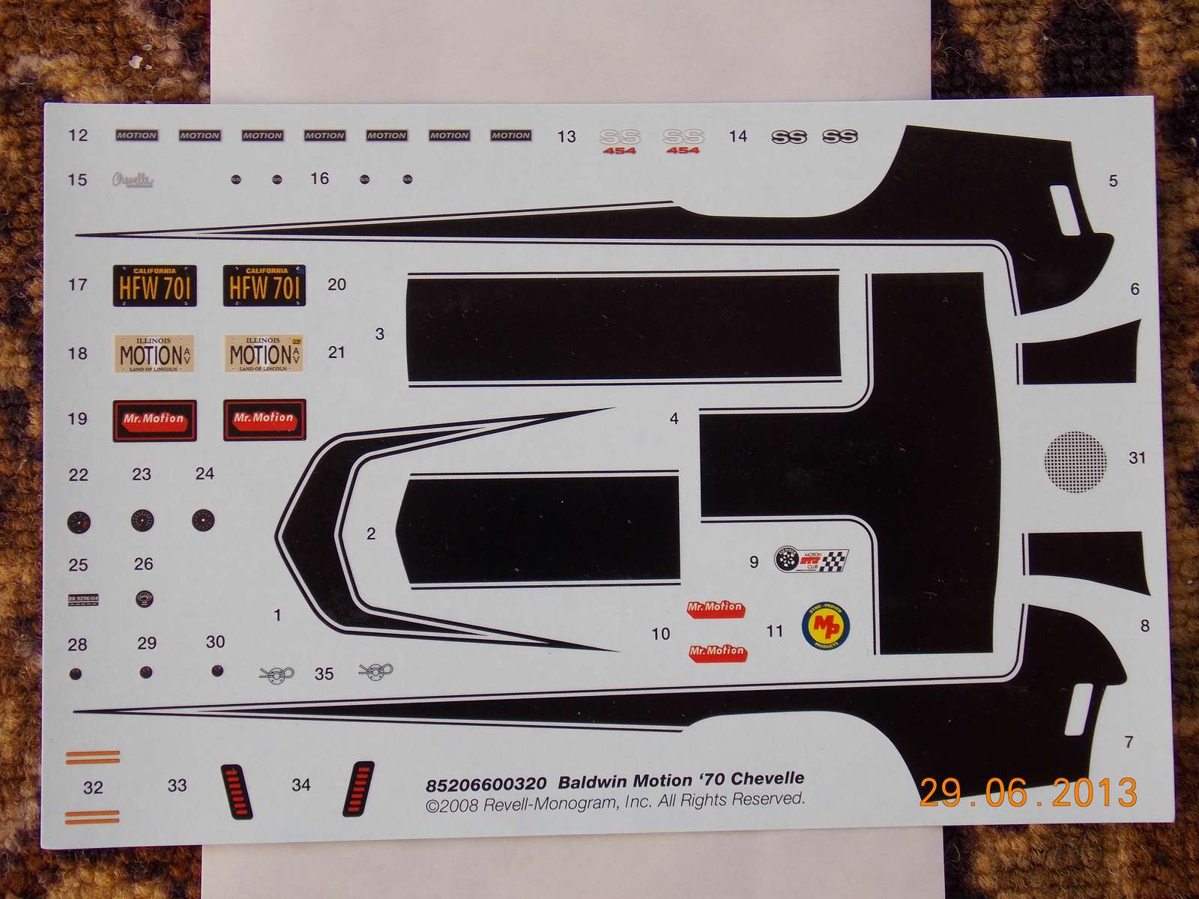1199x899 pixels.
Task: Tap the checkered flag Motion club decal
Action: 811,560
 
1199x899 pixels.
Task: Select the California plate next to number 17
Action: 154,285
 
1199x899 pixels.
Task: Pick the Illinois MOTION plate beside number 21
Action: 265,353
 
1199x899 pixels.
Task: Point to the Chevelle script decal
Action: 133,180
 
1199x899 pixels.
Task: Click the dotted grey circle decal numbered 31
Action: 1075,461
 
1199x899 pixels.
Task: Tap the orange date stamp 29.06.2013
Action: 1028,792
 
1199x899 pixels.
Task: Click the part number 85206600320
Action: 486,784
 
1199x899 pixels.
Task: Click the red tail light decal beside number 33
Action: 236,791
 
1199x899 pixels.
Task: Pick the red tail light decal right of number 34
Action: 359,788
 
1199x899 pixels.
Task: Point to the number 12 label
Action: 78,135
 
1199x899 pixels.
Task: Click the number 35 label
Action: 324,674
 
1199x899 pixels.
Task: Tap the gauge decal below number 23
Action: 142,521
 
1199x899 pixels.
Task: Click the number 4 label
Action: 674,419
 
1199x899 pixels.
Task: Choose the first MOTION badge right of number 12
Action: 136,136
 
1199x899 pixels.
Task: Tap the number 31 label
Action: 1137,457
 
